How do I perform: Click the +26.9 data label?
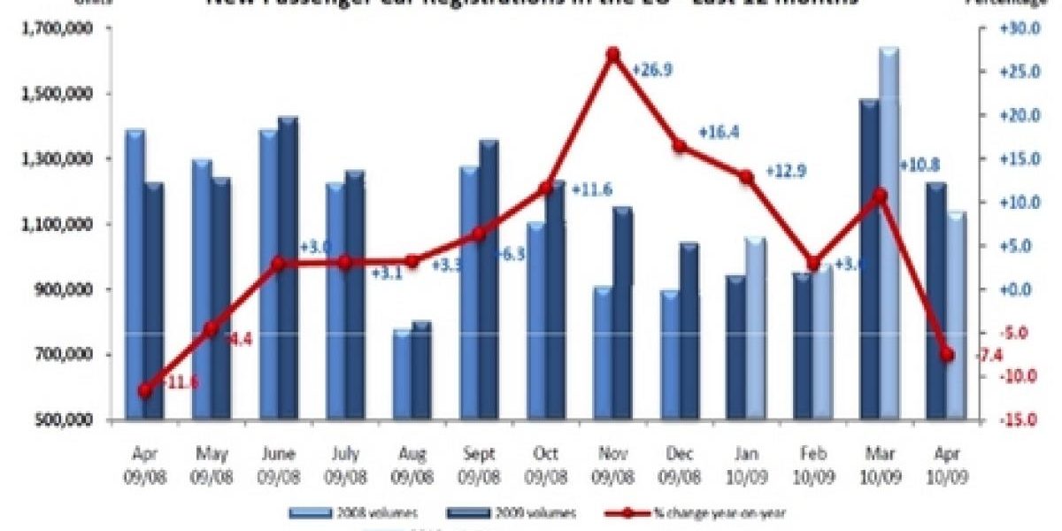(x=651, y=69)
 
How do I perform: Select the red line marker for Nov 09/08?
(x=613, y=55)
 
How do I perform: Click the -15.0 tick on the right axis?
(x=1012, y=419)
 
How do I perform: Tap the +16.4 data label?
(x=719, y=133)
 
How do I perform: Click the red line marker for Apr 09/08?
(x=145, y=389)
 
